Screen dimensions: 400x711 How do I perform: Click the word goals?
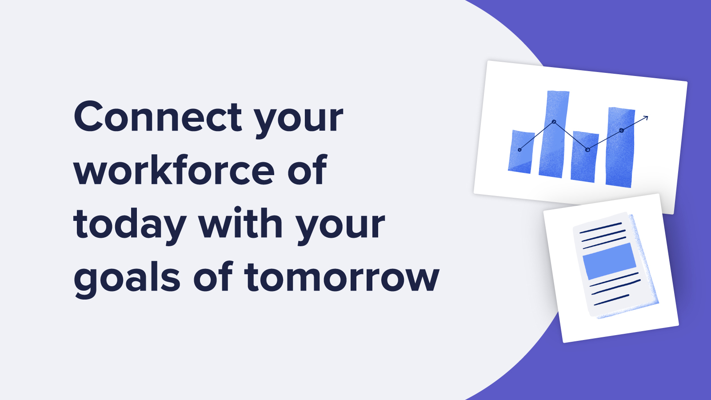127,278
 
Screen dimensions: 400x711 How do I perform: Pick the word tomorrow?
342,277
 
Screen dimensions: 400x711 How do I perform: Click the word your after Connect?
298,119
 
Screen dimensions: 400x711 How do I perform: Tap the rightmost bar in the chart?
620,147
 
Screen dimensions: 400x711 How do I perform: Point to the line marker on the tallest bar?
554,122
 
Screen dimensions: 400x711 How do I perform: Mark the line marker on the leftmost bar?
519,150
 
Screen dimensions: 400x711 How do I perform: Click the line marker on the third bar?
587,150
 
